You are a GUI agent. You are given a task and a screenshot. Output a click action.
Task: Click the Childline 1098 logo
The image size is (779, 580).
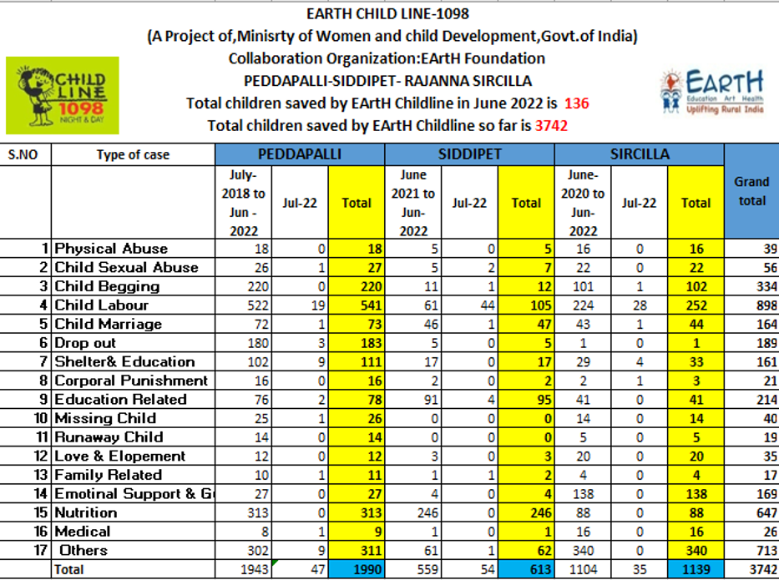click(63, 95)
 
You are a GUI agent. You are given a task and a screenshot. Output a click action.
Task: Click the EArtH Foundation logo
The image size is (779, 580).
click(711, 92)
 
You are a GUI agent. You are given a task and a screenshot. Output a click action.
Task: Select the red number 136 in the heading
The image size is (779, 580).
click(577, 103)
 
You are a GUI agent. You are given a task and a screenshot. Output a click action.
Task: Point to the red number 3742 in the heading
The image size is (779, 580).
click(551, 126)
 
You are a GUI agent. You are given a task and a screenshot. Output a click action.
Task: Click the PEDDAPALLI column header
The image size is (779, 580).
click(300, 154)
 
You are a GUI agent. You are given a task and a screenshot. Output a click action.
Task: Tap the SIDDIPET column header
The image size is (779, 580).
click(469, 154)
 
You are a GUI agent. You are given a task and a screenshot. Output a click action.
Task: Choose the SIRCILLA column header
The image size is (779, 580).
click(640, 154)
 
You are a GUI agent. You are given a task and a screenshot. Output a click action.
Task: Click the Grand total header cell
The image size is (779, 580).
click(751, 191)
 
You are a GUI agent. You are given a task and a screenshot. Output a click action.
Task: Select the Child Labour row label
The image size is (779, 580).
click(101, 305)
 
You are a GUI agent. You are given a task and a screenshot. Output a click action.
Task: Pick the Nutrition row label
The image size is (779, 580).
click(86, 512)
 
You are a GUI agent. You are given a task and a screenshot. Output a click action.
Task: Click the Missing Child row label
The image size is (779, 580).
click(105, 418)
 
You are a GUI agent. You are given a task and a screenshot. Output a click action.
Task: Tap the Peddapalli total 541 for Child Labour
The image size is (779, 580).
click(357, 305)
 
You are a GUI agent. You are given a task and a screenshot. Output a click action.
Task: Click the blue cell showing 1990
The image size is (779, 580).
click(357, 570)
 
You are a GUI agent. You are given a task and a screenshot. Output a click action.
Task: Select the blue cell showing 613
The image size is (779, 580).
click(526, 570)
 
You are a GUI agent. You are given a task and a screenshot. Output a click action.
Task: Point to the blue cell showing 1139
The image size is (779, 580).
click(696, 570)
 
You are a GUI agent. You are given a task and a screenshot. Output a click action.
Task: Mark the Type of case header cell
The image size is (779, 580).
click(133, 154)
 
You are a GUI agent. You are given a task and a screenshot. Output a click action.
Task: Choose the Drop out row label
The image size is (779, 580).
click(85, 343)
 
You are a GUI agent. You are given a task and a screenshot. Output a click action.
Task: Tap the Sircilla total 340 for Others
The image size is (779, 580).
click(696, 550)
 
